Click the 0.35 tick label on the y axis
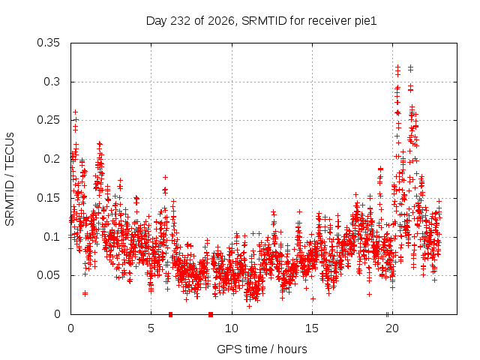48,43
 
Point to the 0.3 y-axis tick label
52,82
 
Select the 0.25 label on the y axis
48,120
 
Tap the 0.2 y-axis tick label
52,159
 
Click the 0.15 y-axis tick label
48,198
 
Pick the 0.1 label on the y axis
52,237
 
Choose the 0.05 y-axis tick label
48,275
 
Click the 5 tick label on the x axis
151,328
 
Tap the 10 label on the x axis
232,328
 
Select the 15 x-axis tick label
312,328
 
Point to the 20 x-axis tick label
392,328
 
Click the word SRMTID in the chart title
264,21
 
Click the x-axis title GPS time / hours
262,349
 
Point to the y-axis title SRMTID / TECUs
10,179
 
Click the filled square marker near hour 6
170,314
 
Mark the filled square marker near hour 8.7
211,314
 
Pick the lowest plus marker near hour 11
250,306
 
